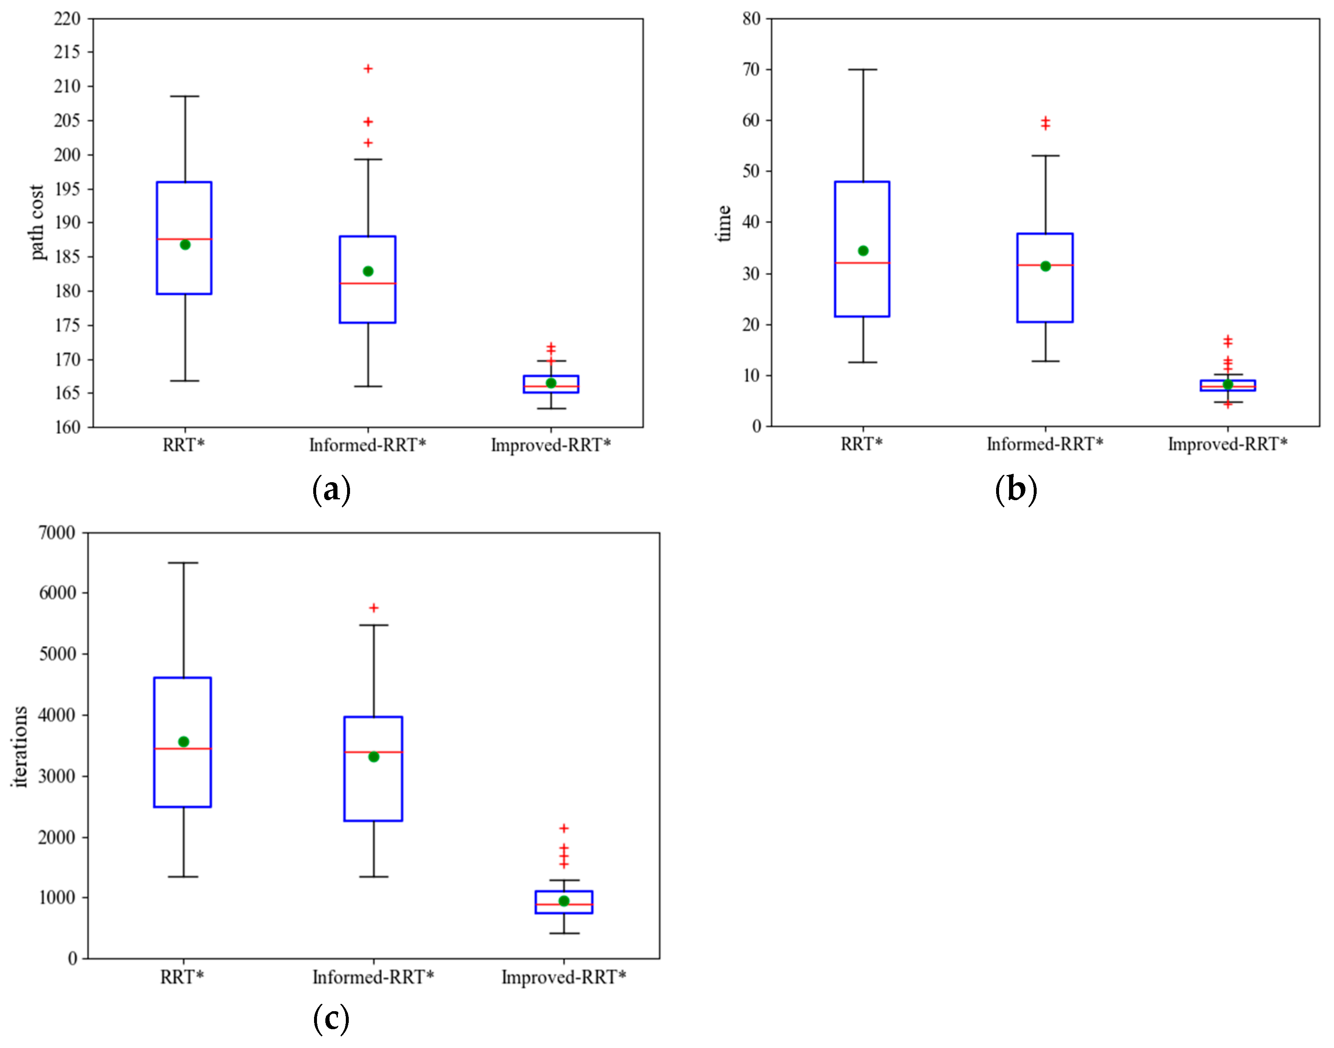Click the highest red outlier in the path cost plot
(368, 69)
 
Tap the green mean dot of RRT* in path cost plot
(185, 245)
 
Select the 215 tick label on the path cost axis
(67, 52)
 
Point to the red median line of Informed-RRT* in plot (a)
(368, 284)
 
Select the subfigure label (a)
(331, 490)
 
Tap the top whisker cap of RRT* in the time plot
(863, 70)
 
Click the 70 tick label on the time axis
(751, 69)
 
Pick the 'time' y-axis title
(724, 224)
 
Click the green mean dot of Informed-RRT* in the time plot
(1045, 266)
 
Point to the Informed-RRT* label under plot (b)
(1045, 444)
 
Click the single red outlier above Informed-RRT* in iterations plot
(374, 608)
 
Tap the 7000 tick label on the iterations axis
(57, 533)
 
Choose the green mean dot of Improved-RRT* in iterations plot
(564, 901)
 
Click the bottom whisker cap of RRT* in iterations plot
(183, 877)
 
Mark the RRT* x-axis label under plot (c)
(182, 977)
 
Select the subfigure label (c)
(331, 1019)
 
